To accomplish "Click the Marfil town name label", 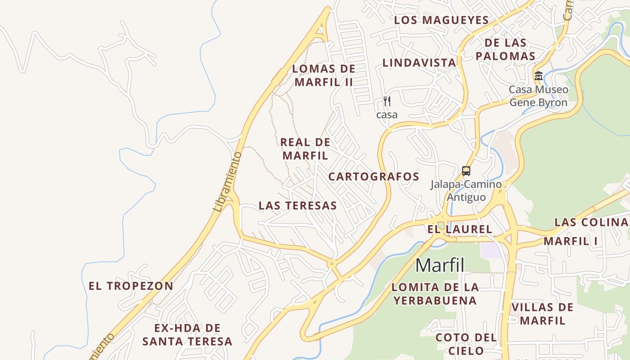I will click(x=440, y=265).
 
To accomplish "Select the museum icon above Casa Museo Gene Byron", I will click(x=538, y=76).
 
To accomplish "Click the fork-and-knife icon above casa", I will click(x=387, y=101).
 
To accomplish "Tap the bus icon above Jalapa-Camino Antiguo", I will click(x=466, y=171).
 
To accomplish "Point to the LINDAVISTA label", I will click(x=419, y=63).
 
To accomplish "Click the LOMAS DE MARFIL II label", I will click(x=324, y=76).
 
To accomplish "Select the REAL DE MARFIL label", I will click(x=305, y=149).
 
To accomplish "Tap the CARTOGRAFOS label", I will click(x=373, y=177).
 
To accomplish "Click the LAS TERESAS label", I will click(x=297, y=206).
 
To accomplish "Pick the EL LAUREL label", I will click(x=459, y=229).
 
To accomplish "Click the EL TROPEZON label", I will click(x=131, y=286).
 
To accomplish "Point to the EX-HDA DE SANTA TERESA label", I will click(x=187, y=334).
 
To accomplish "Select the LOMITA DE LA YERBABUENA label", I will click(x=435, y=293).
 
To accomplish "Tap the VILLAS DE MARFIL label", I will click(x=542, y=314).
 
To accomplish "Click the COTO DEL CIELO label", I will click(x=466, y=344).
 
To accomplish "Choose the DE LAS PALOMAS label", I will click(x=505, y=49).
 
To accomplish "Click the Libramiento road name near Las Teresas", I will click(x=227, y=182).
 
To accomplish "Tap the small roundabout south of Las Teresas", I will click(x=332, y=264).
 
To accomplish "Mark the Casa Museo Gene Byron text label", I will click(x=538, y=96).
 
